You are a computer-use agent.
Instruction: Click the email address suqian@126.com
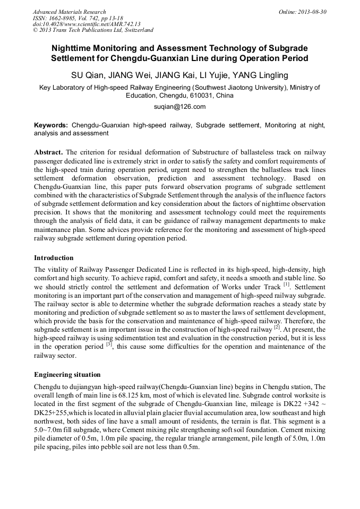pyautogui.click(x=179, y=107)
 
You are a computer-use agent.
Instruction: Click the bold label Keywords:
pyautogui.click(x=51, y=125)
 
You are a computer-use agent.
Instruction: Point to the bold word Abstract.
pyautogui.click(x=49, y=152)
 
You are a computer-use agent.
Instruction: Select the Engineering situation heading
pyautogui.click(x=67, y=375)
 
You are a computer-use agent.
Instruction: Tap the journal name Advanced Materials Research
pyautogui.click(x=69, y=12)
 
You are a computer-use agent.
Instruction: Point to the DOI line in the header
pyautogui.click(x=86, y=24)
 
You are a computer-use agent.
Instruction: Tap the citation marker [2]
pyautogui.click(x=277, y=327)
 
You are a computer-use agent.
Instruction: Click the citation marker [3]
pyautogui.click(x=109, y=344)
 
